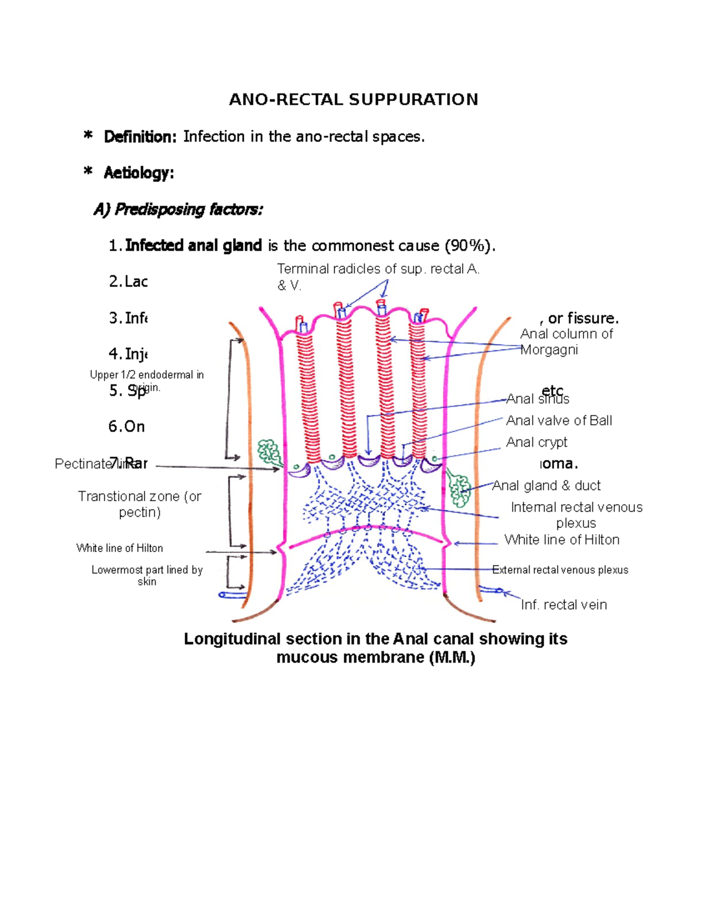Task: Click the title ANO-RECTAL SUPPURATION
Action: tap(353, 99)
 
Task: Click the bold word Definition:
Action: tap(140, 137)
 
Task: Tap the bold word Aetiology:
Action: tap(139, 173)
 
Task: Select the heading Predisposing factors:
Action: tap(188, 210)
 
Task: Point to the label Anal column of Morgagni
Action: tap(566, 342)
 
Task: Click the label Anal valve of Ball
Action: tap(559, 420)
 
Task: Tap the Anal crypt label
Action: tap(536, 442)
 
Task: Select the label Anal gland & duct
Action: tap(546, 485)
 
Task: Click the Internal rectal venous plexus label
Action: tap(576, 515)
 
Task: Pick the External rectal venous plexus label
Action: tap(560, 570)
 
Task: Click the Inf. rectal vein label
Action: tap(563, 605)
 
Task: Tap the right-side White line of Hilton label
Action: tap(562, 540)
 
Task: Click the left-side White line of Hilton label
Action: tap(119, 548)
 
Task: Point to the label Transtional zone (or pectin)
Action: tap(139, 504)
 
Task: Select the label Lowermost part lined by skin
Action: tap(147, 575)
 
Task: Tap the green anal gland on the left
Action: tap(270, 452)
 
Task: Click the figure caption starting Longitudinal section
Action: tap(375, 648)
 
